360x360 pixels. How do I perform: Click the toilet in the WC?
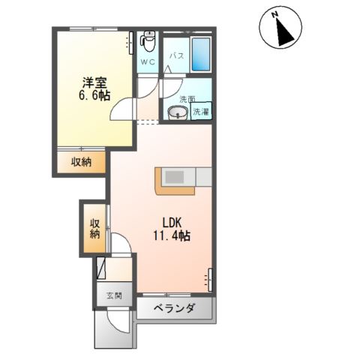(x=148, y=39)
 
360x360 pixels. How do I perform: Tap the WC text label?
(x=147, y=62)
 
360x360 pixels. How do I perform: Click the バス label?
(x=176, y=56)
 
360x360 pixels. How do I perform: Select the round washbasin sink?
(x=177, y=113)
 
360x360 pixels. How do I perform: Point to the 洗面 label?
(x=187, y=99)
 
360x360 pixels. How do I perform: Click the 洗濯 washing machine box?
(x=201, y=112)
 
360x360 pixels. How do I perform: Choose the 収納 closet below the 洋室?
(x=82, y=161)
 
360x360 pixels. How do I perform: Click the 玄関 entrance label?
(x=113, y=295)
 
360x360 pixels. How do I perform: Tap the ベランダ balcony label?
(x=175, y=308)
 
